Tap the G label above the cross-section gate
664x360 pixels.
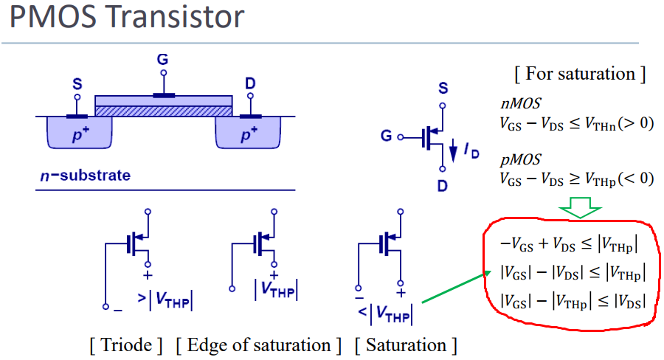click(x=162, y=59)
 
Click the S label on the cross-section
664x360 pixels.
click(x=77, y=84)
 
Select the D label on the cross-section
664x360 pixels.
click(x=250, y=83)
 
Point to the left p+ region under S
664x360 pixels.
click(x=79, y=133)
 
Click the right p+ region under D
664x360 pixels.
click(x=248, y=133)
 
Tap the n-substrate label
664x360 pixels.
click(x=85, y=176)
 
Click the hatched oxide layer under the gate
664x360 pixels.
click(x=164, y=111)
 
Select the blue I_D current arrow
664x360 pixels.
click(x=453, y=150)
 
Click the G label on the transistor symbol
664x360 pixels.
click(x=386, y=136)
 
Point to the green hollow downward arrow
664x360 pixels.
click(x=580, y=207)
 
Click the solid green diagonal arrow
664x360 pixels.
click(x=457, y=287)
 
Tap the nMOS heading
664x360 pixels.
click(x=520, y=103)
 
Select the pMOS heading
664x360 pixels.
click(x=520, y=159)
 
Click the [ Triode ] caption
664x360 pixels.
click(x=126, y=345)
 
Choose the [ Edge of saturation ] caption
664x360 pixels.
click(x=259, y=345)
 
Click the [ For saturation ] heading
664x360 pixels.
click(x=580, y=74)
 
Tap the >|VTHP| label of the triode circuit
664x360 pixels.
click(x=165, y=300)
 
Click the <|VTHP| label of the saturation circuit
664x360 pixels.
click(x=385, y=314)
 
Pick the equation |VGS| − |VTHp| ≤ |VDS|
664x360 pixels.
click(x=573, y=302)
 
